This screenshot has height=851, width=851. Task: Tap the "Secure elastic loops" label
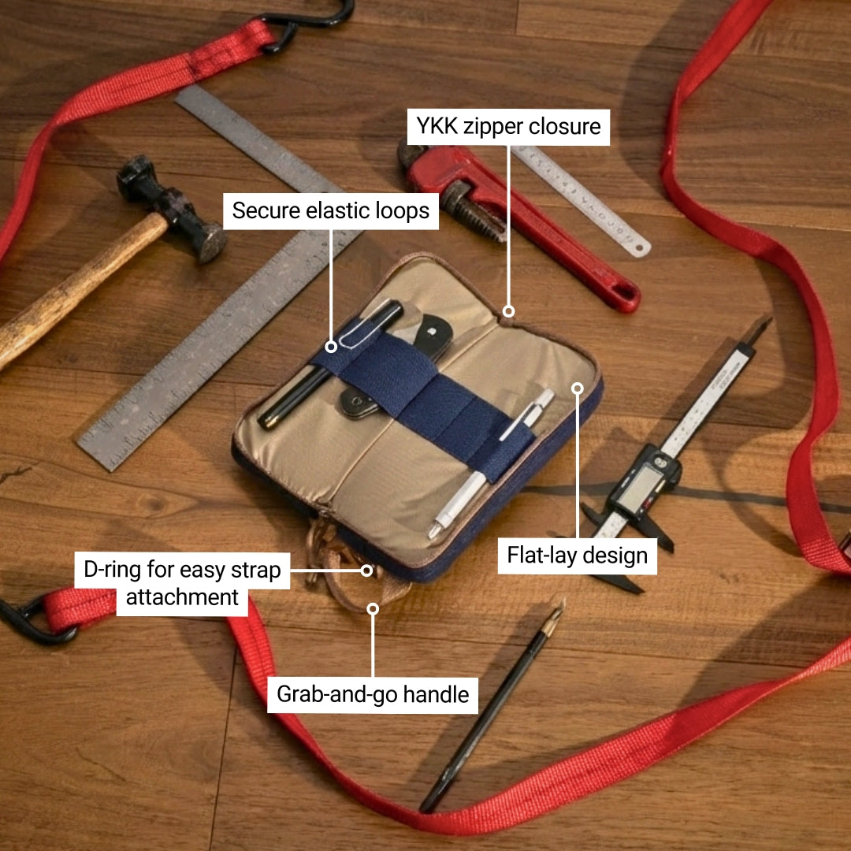[331, 210]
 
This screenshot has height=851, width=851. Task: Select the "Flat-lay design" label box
[577, 556]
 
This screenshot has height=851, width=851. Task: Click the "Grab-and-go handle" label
[373, 694]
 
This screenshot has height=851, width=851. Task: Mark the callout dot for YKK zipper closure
[509, 311]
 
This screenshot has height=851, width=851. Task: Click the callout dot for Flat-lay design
[577, 388]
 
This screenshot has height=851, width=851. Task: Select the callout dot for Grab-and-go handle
[373, 608]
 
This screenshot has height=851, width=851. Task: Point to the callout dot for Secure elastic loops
[332, 346]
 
